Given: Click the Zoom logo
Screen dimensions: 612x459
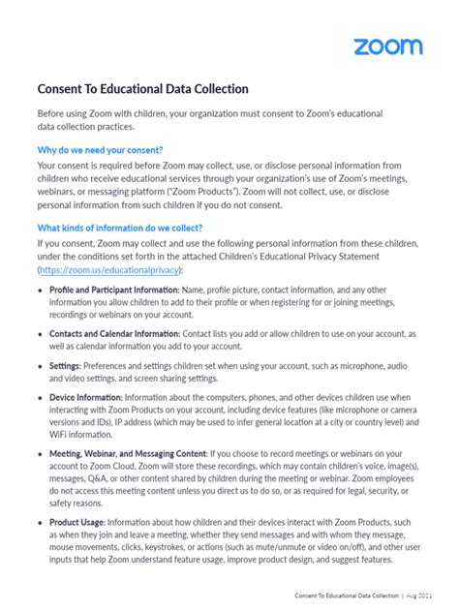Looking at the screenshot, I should point(387,46).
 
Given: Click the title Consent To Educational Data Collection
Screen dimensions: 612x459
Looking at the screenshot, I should point(143,89).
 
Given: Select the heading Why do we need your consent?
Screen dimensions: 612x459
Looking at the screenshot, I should point(107,150).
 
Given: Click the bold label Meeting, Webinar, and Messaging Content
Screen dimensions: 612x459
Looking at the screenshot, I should point(127,452).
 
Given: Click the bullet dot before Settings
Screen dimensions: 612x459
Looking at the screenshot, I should point(40,366).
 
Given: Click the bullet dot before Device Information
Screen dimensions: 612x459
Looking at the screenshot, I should point(40,397).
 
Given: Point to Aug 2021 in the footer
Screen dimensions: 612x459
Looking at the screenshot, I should point(432,596).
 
